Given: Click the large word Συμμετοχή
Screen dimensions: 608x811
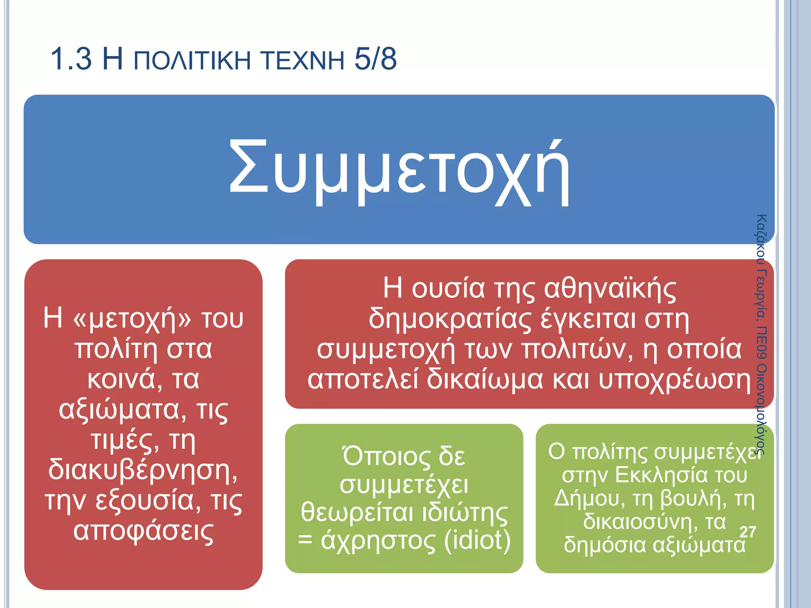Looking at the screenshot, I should click(x=399, y=172).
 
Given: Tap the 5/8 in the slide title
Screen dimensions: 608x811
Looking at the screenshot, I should click(x=375, y=59).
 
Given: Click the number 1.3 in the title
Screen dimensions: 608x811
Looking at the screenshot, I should click(x=71, y=59).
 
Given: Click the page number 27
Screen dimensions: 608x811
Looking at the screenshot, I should click(x=748, y=532).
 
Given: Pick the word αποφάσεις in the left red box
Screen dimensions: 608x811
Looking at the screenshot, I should click(x=143, y=531).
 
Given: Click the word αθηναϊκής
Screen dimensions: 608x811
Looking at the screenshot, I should click(x=610, y=289).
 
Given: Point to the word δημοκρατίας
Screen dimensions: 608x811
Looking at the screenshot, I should click(x=450, y=319).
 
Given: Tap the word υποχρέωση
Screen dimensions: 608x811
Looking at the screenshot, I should click(x=674, y=379).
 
